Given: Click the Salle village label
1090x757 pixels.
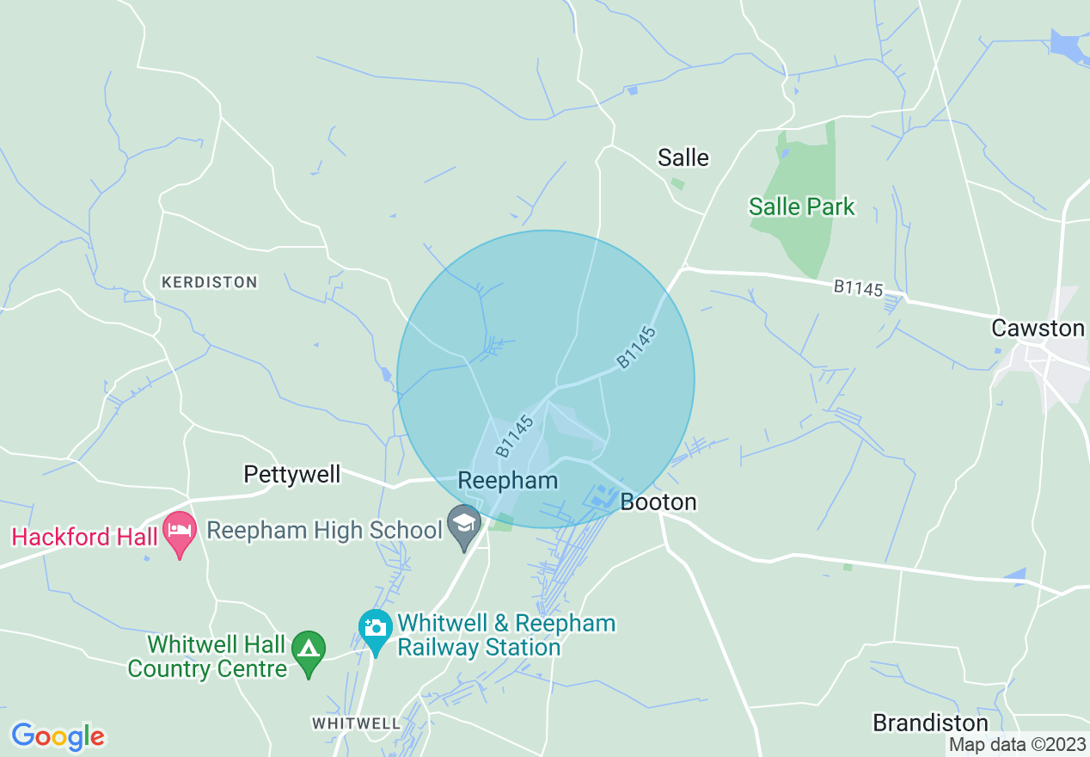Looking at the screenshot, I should (683, 157).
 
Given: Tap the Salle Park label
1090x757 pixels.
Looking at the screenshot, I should (802, 206).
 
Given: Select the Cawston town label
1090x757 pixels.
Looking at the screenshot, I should (1038, 328).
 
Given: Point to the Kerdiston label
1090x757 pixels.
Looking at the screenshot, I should (209, 282).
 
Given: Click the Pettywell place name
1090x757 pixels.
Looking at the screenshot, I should (292, 474).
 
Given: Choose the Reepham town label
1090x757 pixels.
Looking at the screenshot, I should (508, 480).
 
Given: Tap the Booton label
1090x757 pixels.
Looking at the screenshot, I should (658, 502).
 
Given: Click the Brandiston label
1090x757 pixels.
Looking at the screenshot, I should (931, 722).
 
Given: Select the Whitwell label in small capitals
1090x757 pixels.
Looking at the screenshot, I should (356, 723).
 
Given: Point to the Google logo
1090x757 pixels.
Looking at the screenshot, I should (58, 736).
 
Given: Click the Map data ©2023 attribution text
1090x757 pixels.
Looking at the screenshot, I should (1018, 744).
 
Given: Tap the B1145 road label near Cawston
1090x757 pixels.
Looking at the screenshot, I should (858, 288).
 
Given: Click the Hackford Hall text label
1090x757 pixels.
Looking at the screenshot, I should (84, 537).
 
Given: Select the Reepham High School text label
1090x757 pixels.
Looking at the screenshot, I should (324, 530).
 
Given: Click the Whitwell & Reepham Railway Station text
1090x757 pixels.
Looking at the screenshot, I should (505, 635).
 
